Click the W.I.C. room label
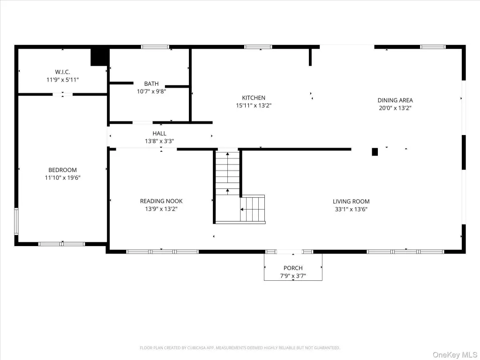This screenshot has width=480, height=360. point(62,72)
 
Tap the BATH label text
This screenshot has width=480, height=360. point(151,83)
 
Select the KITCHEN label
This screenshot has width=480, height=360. point(254,97)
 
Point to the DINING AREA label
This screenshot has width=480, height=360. point(395,100)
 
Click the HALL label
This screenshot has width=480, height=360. point(159,134)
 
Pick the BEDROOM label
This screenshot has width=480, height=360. point(62,170)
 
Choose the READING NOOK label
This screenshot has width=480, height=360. point(161,201)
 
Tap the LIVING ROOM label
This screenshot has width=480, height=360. point(351,202)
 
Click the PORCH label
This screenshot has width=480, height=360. point(293,268)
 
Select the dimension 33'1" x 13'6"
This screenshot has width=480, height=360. point(351,210)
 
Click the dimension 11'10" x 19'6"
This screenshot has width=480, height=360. point(62,178)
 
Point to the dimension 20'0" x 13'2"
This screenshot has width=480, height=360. point(395,108)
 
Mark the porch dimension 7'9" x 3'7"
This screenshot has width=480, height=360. point(293,276)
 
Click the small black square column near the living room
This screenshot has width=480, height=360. point(375,152)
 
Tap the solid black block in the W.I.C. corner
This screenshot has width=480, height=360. point(99,57)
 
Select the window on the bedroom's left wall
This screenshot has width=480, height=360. point(16,221)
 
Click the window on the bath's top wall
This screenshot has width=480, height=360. point(155,47)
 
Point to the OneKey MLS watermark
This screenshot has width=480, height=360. point(455,354)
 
